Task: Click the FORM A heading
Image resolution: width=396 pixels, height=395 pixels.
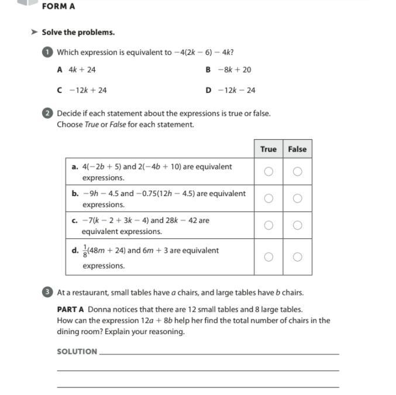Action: point(58,6)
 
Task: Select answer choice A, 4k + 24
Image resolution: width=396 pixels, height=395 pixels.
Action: point(77,70)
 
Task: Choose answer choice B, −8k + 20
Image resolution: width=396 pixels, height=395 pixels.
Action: point(229,70)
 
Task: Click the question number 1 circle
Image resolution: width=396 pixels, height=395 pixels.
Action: point(47,52)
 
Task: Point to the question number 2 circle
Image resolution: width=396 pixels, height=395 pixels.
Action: point(47,114)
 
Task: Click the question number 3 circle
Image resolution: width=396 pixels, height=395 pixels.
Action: point(47,292)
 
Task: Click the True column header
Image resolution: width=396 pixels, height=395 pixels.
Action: point(268,149)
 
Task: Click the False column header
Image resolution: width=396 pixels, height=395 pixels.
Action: point(297,149)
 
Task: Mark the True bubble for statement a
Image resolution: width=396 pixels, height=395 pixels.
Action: point(268,171)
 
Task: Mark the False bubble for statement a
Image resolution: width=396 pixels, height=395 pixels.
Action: point(297,171)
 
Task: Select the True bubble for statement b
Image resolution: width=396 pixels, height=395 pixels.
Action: point(268,198)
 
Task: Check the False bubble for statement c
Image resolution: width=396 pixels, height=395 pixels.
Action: point(297,225)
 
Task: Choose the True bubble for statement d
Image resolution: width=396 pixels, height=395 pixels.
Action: point(268,257)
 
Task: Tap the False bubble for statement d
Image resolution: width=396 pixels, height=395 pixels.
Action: point(297,257)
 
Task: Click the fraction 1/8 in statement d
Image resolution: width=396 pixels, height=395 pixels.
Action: point(84,250)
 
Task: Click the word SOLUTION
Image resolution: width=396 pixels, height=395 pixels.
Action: point(77,352)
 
